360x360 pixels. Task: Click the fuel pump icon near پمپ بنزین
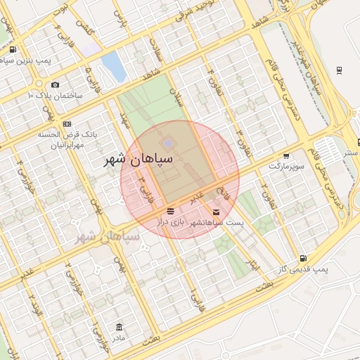coord(13,49)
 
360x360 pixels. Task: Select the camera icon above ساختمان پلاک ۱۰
coord(55,84)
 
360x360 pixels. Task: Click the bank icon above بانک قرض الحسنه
coord(67,124)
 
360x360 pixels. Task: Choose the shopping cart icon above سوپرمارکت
coord(286,157)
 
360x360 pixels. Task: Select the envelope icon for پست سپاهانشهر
coord(215,212)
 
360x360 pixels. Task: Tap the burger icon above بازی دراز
coord(170,211)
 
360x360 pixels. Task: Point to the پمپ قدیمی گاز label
coord(302,269)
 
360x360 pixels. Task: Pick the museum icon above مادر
coord(118,327)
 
